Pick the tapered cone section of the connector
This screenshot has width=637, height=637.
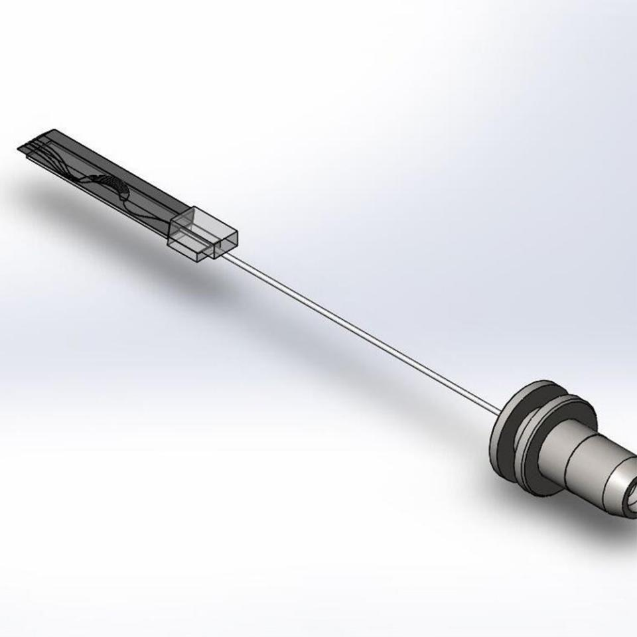614,484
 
